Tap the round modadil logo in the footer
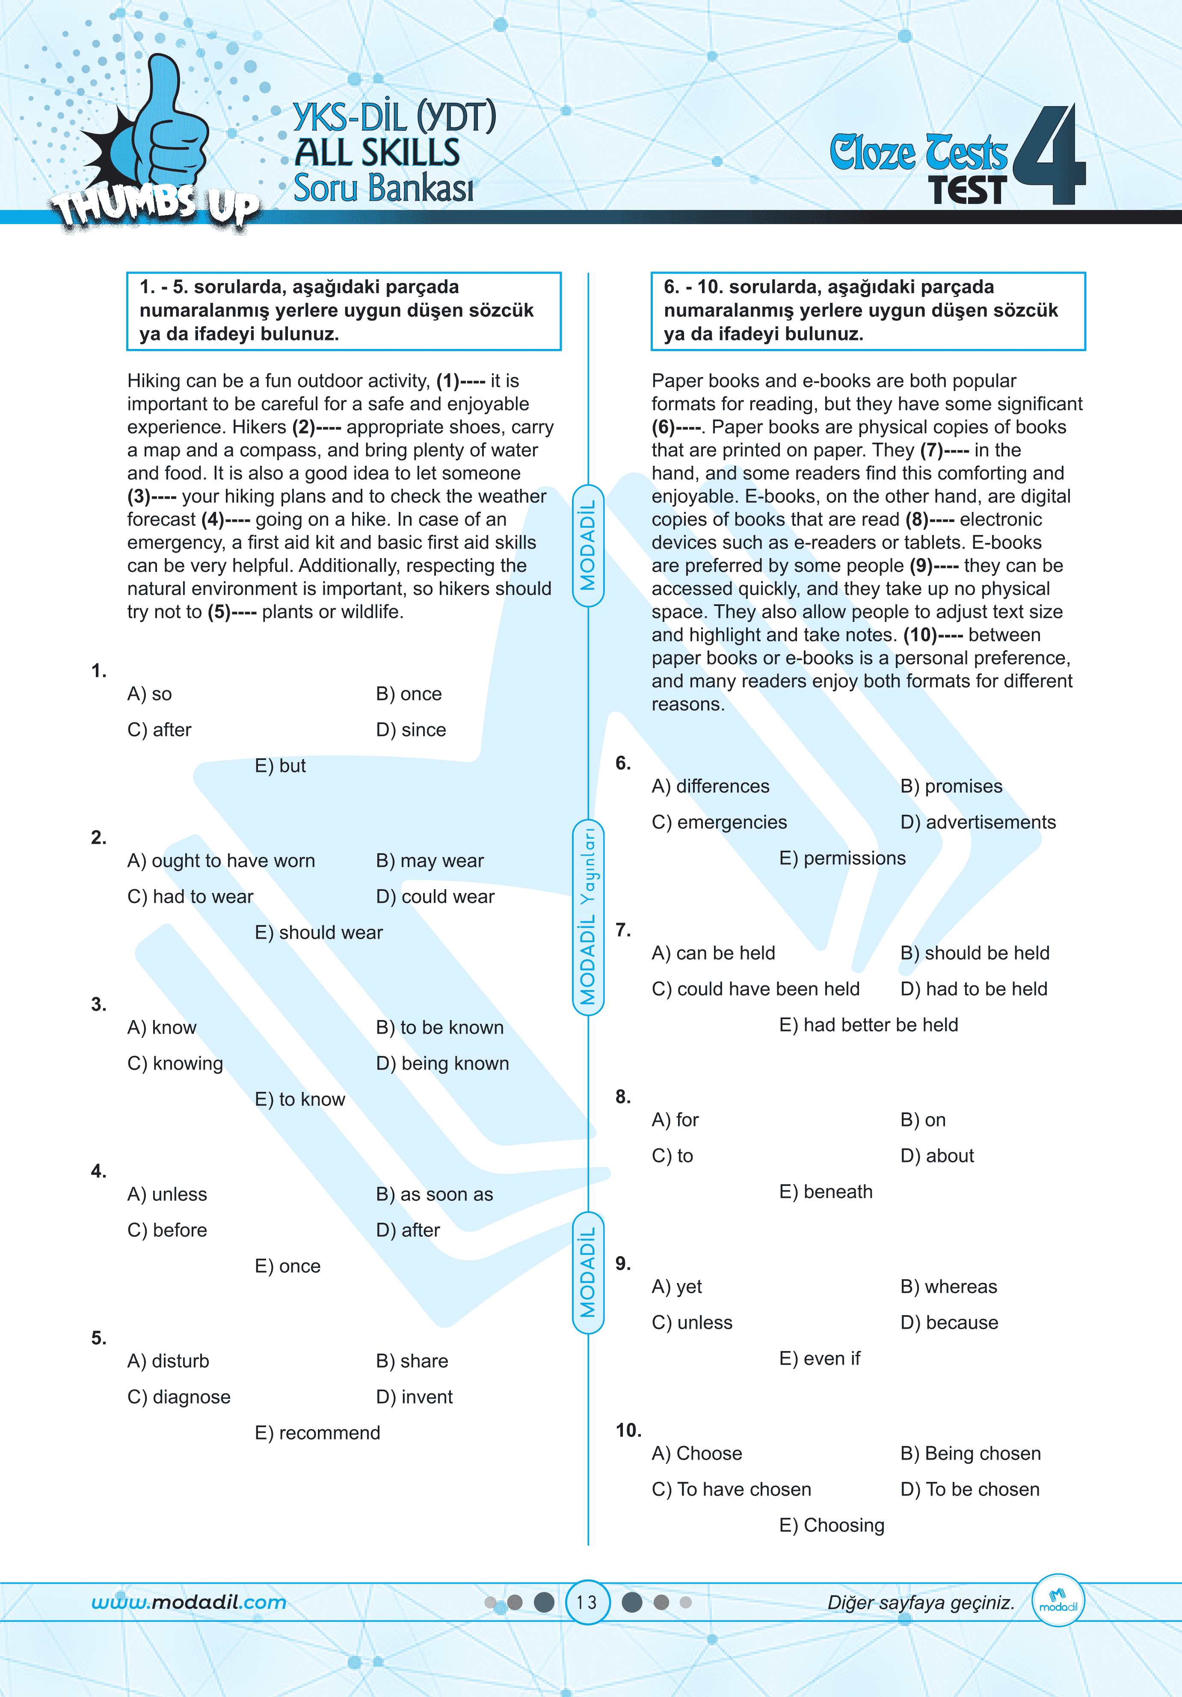[x=1058, y=1600]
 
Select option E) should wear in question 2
[x=319, y=933]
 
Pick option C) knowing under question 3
[x=175, y=1064]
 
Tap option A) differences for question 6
[x=711, y=786]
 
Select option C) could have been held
[x=755, y=989]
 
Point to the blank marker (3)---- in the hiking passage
[x=151, y=497]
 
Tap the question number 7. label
[x=623, y=930]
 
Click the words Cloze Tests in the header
[x=918, y=153]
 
